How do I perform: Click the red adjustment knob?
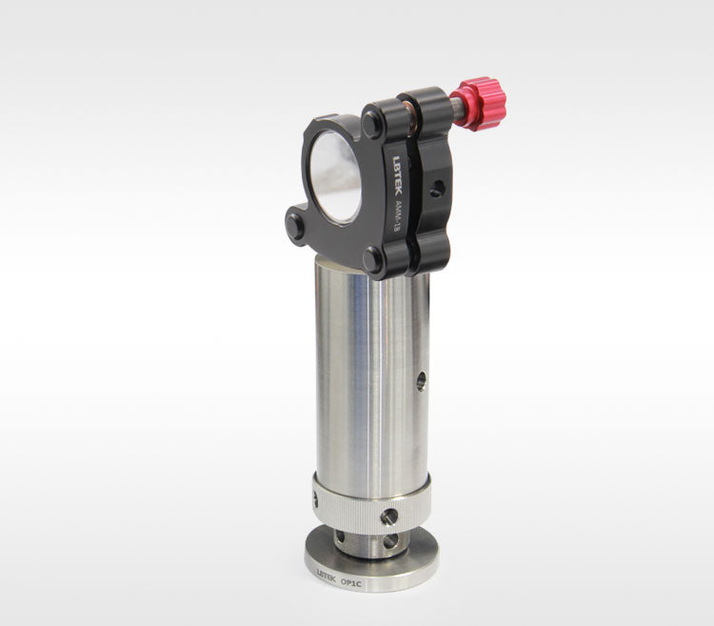[x=484, y=103]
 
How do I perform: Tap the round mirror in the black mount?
[x=336, y=176]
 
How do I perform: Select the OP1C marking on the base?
[x=350, y=582]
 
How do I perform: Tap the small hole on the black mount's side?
[x=437, y=188]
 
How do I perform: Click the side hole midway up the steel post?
[x=421, y=381]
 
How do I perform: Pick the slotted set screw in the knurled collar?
[x=388, y=516]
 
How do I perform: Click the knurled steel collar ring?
[x=371, y=503]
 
